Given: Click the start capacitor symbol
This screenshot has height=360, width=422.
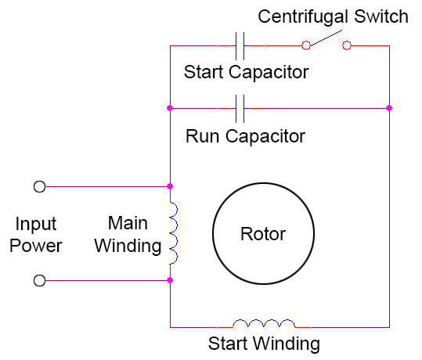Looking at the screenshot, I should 241,46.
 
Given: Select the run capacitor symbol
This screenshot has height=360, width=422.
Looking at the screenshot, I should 241,107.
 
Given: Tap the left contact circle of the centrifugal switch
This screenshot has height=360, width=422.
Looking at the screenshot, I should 308,46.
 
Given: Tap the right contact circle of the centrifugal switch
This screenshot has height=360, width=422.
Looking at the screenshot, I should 347,46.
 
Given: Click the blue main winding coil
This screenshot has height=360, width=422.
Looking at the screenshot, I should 173,233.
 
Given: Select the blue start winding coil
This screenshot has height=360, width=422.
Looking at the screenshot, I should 265,323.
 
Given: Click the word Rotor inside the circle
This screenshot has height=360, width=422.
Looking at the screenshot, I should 262,234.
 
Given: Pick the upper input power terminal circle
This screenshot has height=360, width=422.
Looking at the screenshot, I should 39,186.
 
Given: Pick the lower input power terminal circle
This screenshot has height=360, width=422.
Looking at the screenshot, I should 39,279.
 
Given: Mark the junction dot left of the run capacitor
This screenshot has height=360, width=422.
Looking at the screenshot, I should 170,107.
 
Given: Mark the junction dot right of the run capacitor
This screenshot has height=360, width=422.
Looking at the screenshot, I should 389,107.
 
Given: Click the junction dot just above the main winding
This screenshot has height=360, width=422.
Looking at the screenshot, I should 170,186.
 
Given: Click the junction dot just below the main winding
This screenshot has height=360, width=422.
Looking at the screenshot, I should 170,279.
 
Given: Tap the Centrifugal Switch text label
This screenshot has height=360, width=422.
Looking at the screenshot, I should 333,16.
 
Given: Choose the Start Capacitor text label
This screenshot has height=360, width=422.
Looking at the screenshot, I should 246,73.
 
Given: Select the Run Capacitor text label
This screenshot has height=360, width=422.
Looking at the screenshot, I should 245,136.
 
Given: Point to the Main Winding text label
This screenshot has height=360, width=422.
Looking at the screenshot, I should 127,234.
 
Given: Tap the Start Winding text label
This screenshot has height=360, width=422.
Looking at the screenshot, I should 263,344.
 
